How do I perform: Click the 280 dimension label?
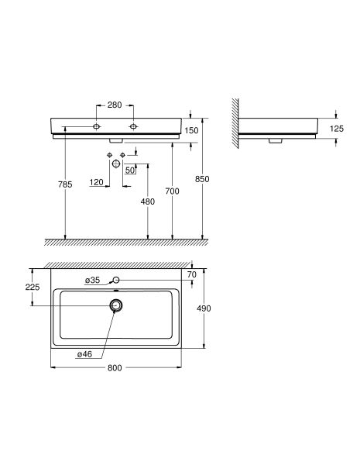115,105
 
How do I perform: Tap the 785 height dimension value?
65,184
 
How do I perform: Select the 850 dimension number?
202,179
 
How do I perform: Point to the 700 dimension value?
172,191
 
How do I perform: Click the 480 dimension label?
148,201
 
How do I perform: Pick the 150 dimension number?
191,130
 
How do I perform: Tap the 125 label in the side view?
337,129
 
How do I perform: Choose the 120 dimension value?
96,182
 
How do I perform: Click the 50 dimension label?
130,170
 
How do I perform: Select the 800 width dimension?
115,368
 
